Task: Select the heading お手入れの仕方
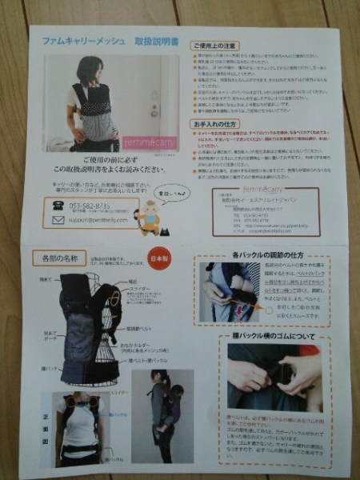coord(213,126)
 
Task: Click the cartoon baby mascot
coord(149,217)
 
